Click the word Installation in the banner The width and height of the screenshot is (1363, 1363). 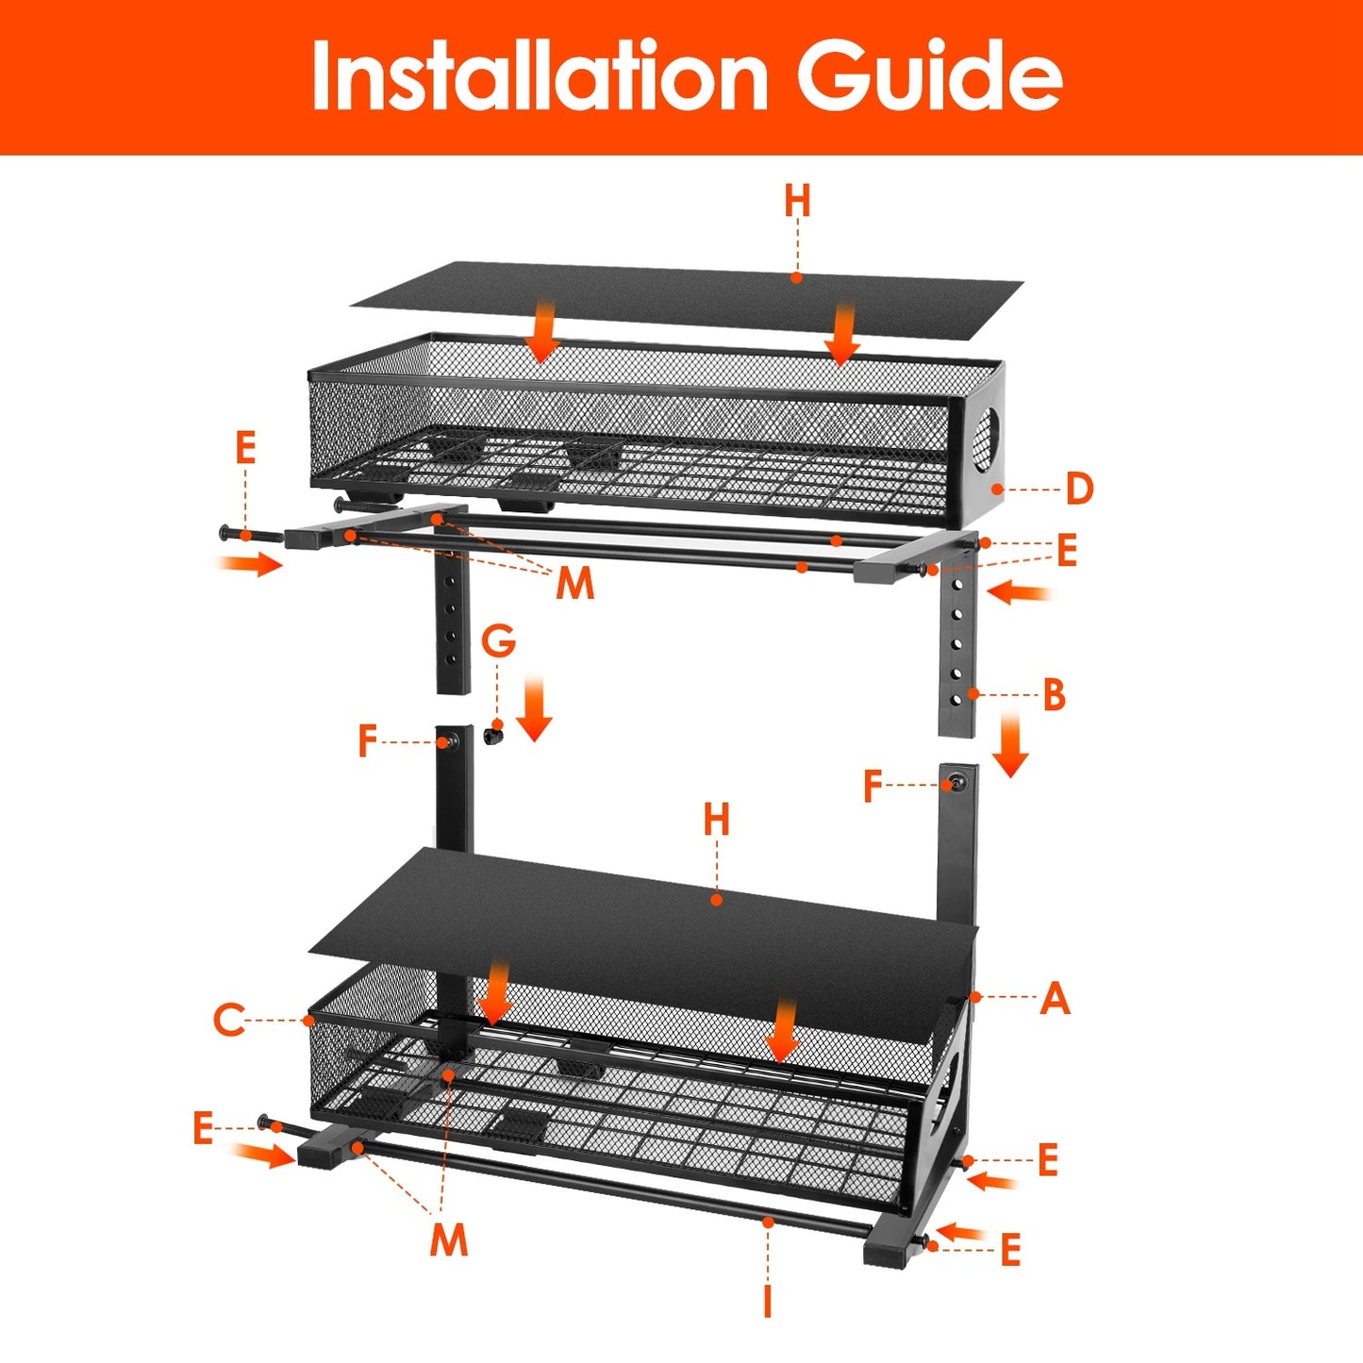(x=539, y=76)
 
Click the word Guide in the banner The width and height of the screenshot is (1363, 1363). (x=930, y=76)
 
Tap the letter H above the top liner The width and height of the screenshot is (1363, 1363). (x=797, y=201)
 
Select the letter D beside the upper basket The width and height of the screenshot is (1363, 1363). (x=1079, y=489)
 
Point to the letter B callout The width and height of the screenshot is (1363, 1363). (x=1054, y=695)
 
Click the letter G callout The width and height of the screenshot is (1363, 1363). (x=498, y=641)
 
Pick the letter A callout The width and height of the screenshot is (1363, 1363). (x=1055, y=998)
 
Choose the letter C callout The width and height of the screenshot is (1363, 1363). (x=229, y=1020)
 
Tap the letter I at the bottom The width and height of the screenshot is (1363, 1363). (x=768, y=1301)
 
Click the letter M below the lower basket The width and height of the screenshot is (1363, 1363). (x=448, y=1238)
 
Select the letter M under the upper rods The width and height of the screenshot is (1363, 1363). (x=574, y=584)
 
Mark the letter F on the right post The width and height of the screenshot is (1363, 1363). (x=873, y=785)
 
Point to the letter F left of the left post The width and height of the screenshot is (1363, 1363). (x=367, y=741)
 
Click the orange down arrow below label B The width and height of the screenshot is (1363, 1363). (x=1009, y=745)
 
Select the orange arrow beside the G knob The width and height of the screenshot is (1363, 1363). (x=534, y=708)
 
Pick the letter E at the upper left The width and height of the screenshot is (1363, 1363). (x=245, y=447)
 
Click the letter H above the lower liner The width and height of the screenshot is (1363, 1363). (x=717, y=820)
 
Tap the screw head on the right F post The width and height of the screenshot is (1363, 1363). (x=957, y=783)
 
